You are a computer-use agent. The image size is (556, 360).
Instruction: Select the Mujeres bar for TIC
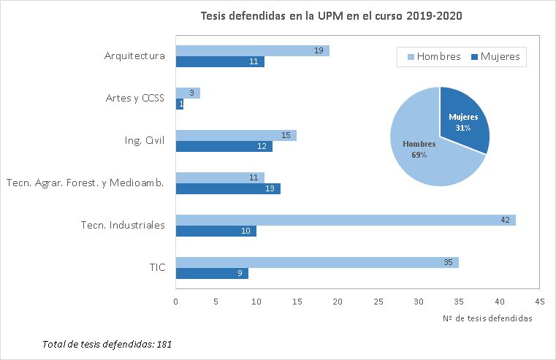click(x=212, y=274)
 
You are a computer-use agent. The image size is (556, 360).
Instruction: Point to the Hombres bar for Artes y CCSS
click(x=188, y=93)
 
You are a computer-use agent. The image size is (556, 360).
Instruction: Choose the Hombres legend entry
click(x=432, y=57)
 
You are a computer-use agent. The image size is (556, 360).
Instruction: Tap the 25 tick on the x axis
click(x=378, y=301)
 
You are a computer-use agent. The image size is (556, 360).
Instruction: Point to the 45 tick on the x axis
click(x=540, y=301)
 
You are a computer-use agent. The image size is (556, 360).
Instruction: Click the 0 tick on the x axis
click(x=176, y=301)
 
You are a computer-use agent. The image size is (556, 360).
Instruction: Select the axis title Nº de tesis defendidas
click(x=487, y=318)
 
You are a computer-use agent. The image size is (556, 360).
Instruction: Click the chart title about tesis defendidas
click(x=331, y=15)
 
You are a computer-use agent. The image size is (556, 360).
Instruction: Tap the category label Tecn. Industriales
click(x=123, y=225)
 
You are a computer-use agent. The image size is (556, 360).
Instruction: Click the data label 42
click(x=505, y=220)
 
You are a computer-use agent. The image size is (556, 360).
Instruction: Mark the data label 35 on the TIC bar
click(x=448, y=262)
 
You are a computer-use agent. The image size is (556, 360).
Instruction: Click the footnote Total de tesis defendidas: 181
click(x=107, y=343)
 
